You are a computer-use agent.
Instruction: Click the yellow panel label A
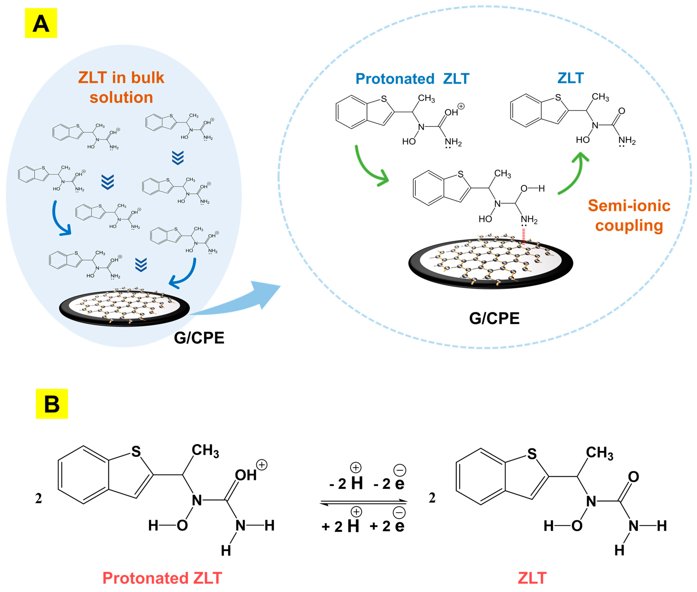[x=41, y=23]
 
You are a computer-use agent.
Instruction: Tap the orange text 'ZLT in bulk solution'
[x=121, y=87]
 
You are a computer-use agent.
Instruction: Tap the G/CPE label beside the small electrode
[x=199, y=338]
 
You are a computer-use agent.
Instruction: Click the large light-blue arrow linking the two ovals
[x=242, y=300]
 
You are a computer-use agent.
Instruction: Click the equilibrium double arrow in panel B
[x=364, y=502]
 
